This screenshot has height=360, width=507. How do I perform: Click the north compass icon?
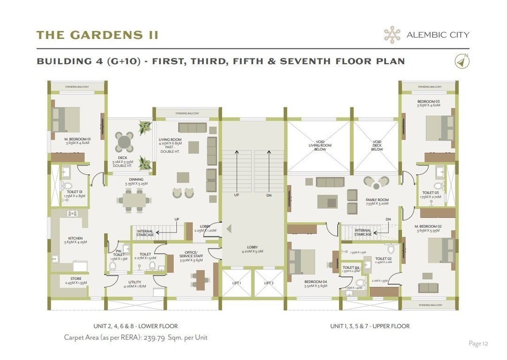462,61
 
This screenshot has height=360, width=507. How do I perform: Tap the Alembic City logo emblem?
392,35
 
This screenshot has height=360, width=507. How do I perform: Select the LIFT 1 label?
236,283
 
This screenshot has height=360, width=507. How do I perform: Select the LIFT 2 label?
268,283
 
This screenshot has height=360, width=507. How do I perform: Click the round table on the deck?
124,141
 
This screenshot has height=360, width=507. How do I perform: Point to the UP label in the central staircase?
237,195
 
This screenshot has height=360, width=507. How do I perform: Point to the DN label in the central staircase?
269,195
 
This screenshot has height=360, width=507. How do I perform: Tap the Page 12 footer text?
478,344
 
